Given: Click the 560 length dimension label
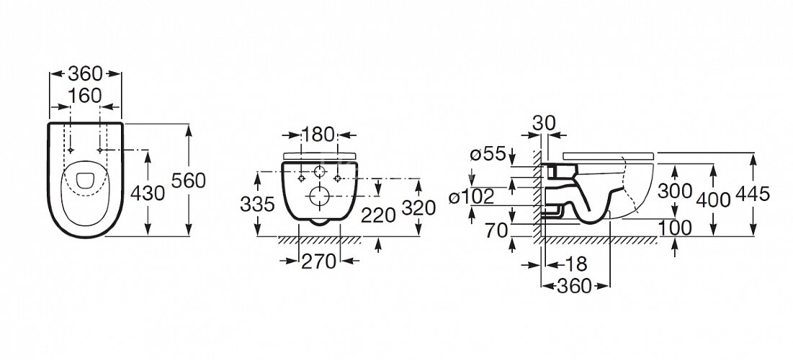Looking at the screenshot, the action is click(188, 181).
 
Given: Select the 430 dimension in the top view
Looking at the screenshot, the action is click(148, 193).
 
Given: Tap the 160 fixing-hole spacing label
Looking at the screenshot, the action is click(85, 96).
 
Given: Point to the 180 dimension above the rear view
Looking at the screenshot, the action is click(318, 135).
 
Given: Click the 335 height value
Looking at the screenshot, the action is click(257, 204).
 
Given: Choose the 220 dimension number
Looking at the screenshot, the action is click(378, 215).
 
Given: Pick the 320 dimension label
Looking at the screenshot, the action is click(418, 207).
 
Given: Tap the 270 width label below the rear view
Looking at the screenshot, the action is click(319, 261).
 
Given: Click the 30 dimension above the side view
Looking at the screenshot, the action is click(544, 122).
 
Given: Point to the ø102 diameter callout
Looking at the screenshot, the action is click(472, 197).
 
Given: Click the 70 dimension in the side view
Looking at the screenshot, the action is click(496, 230).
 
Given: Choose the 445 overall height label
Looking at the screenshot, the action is click(752, 193).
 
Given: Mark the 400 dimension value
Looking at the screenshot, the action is click(713, 200).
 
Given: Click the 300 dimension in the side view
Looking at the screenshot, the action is click(675, 191).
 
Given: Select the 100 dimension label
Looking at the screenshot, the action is click(675, 228).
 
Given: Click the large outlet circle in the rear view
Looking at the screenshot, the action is click(319, 197).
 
